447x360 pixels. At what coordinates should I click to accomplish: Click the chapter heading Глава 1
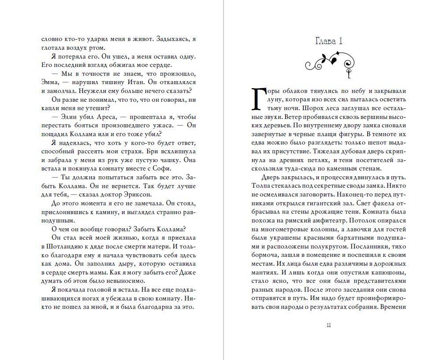pyautogui.click(x=329, y=41)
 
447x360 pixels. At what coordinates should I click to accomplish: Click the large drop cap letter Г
pyautogui.click(x=258, y=98)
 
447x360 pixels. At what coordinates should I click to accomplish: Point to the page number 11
pyautogui.click(x=329, y=325)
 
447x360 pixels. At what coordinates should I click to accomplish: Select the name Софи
pyautogui.click(x=159, y=168)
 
